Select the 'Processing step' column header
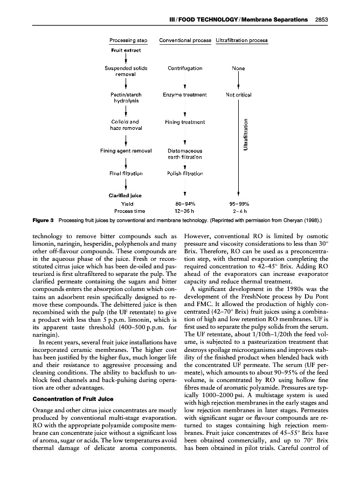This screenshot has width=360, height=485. click(x=129, y=40)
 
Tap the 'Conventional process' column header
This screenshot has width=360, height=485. click(x=185, y=40)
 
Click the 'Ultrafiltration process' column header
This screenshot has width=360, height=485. click(x=241, y=40)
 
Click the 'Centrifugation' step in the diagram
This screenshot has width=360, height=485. click(x=185, y=68)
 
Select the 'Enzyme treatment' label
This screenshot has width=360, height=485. click(x=185, y=95)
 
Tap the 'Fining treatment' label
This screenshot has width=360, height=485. click(x=185, y=122)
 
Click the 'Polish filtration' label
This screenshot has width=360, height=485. click(x=185, y=174)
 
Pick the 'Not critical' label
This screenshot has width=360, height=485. click(x=238, y=95)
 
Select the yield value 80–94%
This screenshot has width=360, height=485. click(x=185, y=204)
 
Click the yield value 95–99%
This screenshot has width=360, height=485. click(x=238, y=204)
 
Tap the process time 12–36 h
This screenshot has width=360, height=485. click(x=185, y=211)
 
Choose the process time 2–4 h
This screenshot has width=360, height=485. click(x=238, y=211)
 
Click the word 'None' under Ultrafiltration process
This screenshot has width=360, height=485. click(x=238, y=68)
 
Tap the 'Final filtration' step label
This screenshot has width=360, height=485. click(x=126, y=174)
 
